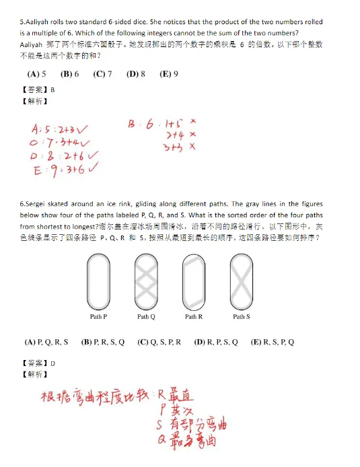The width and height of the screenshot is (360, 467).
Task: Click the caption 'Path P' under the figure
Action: (x=98, y=316)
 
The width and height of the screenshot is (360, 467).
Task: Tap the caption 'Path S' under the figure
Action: (x=241, y=316)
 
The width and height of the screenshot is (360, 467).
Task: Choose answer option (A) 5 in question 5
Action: (x=36, y=74)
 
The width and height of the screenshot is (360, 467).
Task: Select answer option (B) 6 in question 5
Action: (x=69, y=74)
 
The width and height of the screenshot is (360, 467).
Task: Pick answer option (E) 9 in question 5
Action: (x=168, y=74)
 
